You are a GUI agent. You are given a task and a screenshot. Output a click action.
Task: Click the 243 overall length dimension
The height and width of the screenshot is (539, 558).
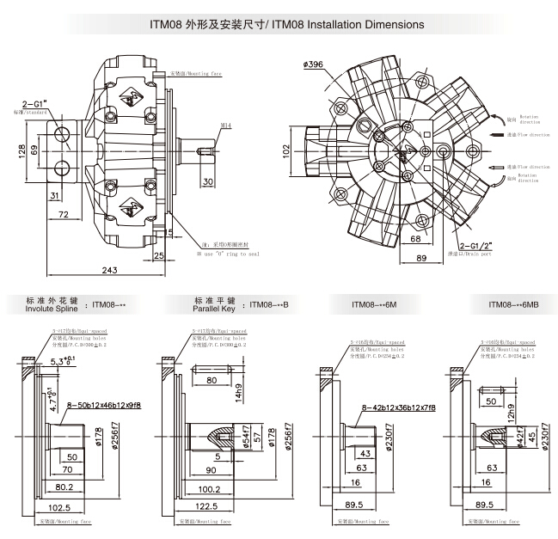[109, 270]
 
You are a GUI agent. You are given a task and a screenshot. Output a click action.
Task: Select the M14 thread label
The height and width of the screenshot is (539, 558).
[227, 126]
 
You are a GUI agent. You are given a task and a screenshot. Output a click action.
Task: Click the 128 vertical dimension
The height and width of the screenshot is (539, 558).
[21, 150]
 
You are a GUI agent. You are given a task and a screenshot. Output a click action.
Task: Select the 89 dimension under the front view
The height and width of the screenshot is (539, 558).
[421, 258]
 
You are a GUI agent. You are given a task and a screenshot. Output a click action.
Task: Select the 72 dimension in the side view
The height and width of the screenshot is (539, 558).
[62, 212]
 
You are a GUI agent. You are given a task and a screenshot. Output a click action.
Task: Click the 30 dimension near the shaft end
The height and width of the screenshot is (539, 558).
[208, 182]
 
